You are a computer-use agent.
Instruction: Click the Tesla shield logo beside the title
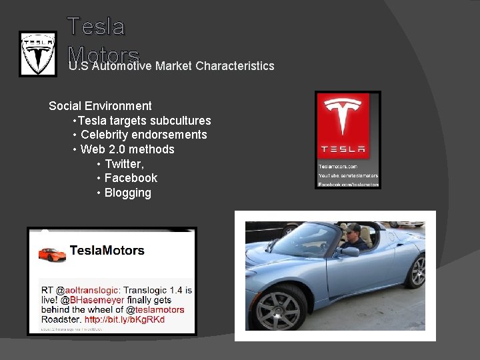pyautogui.click(x=37, y=53)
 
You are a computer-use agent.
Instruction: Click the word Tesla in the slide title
pyautogui.click(x=96, y=27)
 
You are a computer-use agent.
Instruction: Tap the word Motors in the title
pyautogui.click(x=103, y=55)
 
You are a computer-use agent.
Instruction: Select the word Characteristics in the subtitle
pyautogui.click(x=235, y=66)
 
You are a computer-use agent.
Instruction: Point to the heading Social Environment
pyautogui.click(x=100, y=106)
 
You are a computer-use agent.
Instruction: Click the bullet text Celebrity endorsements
pyautogui.click(x=143, y=135)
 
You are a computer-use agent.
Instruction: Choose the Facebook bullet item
pyautogui.click(x=131, y=178)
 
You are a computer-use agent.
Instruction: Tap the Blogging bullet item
pyautogui.click(x=127, y=193)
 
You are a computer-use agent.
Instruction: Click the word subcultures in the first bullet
pyautogui.click(x=180, y=121)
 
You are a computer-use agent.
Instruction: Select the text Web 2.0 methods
pyautogui.click(x=127, y=149)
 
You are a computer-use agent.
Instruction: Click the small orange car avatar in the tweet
pyautogui.click(x=52, y=254)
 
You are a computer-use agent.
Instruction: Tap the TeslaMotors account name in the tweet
pyautogui.click(x=107, y=251)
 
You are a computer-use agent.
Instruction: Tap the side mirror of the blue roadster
pyautogui.click(x=348, y=251)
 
